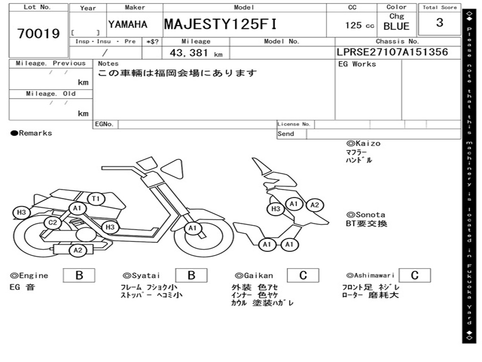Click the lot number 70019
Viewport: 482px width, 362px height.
pos(39,34)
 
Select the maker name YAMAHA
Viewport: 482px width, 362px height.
pos(128,25)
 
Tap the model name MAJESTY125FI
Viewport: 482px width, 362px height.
pos(220,25)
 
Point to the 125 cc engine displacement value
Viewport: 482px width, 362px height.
pos(360,25)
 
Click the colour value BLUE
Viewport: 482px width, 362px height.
pos(397,26)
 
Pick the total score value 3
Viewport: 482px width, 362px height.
pos(439,23)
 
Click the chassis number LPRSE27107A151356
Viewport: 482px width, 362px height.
pos(392,52)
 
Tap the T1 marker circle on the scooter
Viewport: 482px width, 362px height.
pos(96,199)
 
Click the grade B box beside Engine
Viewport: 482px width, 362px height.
pos(79,275)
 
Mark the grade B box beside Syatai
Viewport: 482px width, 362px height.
pos(191,275)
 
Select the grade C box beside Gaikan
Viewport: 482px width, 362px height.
pos(303,275)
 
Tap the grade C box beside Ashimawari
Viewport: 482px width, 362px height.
pos(415,275)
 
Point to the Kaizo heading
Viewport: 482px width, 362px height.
pos(363,143)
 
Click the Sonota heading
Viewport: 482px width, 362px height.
pos(366,214)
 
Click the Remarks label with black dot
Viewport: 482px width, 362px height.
pos(32,133)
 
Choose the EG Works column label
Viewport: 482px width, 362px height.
pos(357,64)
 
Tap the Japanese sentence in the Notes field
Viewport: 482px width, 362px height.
pos(177,73)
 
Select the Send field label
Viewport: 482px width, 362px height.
pos(286,134)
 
